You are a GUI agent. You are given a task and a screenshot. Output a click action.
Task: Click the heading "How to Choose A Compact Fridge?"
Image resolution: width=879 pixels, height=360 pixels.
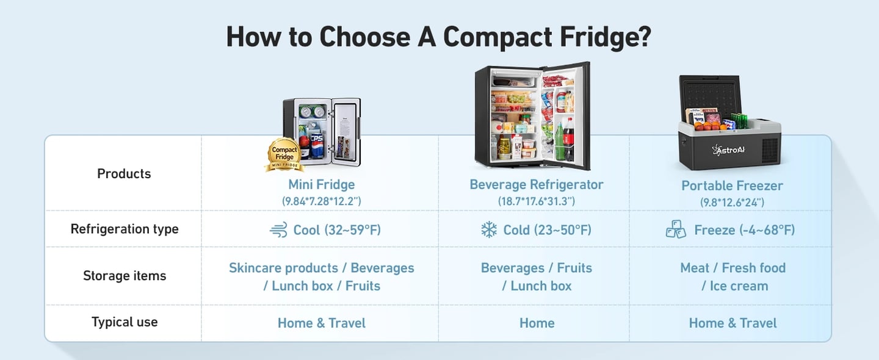tap(438, 37)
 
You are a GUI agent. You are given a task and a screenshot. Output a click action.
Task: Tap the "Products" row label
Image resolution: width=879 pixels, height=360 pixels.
tap(124, 174)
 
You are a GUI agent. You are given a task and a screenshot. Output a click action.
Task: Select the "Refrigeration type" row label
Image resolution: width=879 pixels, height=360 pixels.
tap(125, 229)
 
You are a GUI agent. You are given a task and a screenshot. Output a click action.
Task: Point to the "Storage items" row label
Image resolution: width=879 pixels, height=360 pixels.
tap(125, 276)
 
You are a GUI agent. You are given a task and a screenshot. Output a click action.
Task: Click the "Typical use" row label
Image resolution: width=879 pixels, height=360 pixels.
tap(125, 322)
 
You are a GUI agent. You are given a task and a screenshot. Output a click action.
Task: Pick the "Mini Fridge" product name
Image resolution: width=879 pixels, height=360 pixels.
tap(321, 184)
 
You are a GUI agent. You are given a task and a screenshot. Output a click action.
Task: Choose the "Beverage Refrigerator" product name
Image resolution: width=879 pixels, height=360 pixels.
tap(536, 184)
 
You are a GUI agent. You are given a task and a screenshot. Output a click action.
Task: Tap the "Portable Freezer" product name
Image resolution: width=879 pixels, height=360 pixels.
tap(732, 185)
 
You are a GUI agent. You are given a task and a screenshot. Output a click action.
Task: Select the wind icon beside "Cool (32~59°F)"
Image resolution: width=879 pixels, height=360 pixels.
tap(278, 230)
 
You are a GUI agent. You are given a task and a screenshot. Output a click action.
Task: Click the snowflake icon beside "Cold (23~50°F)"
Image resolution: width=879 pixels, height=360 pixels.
tap(489, 230)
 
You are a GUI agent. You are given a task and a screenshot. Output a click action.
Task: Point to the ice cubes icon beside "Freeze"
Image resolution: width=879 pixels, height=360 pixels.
tap(676, 230)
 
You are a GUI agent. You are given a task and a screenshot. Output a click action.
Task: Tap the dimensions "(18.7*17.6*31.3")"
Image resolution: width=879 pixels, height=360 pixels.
tap(536, 201)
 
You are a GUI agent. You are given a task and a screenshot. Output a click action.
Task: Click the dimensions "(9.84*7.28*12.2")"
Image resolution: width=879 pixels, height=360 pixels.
tap(321, 201)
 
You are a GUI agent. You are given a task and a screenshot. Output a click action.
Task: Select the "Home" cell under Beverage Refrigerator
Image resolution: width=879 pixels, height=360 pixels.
tap(537, 323)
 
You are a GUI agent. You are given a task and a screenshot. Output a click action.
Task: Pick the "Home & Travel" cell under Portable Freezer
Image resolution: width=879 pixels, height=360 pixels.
tap(733, 323)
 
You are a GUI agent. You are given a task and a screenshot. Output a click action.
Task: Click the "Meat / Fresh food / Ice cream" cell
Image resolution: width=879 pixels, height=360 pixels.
tap(733, 276)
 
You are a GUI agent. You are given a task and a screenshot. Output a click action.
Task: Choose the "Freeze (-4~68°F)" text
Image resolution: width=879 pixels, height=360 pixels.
tap(744, 230)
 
